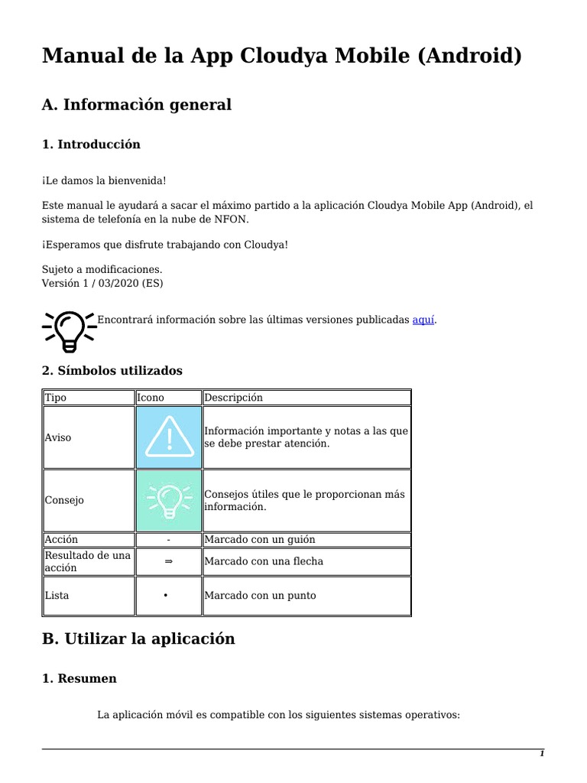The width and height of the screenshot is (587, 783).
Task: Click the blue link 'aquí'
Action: pos(423,320)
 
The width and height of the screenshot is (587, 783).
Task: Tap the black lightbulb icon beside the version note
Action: pos(68,330)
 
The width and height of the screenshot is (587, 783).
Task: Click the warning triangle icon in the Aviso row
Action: pos(168,437)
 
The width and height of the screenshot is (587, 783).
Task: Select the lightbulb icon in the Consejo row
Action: pos(168,500)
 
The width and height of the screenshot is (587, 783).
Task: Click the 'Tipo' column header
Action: pos(56,398)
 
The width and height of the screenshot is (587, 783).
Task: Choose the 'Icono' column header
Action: pos(151,398)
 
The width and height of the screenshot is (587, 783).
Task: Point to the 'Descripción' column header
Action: pos(233,398)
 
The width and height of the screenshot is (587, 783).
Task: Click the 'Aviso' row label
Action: pos(58,437)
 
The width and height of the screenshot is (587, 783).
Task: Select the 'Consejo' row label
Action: pos(64,500)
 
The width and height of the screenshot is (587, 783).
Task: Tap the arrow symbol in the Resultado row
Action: pos(168,561)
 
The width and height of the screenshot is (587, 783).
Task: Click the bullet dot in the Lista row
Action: pos(166,596)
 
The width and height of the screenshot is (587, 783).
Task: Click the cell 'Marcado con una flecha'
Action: pos(264,561)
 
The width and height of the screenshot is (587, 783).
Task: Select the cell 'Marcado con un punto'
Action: pos(260,596)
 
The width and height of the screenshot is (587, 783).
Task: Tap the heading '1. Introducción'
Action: pos(91,145)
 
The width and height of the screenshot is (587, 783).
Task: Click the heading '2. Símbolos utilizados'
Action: pos(112,371)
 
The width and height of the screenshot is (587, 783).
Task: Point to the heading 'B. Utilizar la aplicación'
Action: pos(138,638)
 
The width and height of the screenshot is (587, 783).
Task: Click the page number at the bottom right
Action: pos(542,753)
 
